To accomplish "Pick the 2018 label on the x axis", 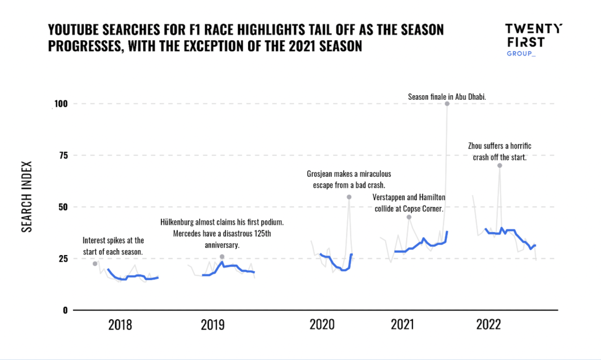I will point(120,325).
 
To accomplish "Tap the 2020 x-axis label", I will point(323,325).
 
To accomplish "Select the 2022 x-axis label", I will point(488,325).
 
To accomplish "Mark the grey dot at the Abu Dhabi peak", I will point(447,103).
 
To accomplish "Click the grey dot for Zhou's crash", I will point(499,165).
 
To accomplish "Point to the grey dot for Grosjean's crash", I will point(349,197).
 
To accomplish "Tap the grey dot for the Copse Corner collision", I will point(409,217).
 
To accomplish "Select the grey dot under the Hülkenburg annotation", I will point(222,257).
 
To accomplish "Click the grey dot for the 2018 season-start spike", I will point(95,264).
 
